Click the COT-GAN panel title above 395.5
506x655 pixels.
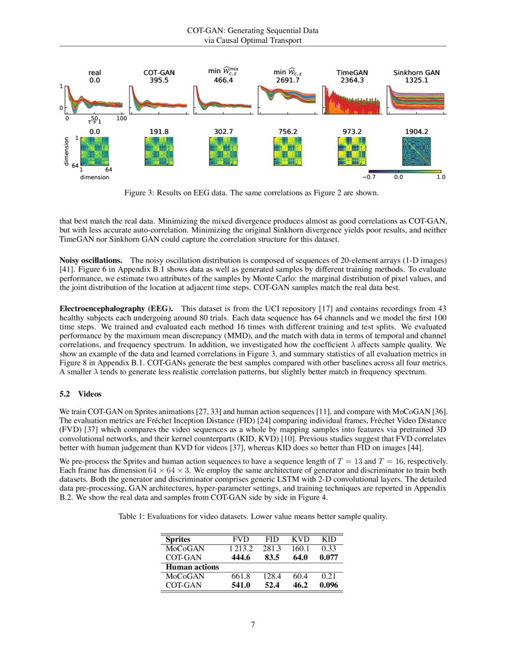pyautogui.click(x=159, y=73)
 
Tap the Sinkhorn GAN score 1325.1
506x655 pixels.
pyautogui.click(x=417, y=80)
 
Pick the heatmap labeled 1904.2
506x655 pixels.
pyautogui.click(x=417, y=151)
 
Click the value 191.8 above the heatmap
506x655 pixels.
pyautogui.click(x=159, y=130)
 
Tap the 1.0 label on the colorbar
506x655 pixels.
pyautogui.click(x=441, y=177)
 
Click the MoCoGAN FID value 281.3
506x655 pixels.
pyautogui.click(x=271, y=548)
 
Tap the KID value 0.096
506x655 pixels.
pyautogui.click(x=329, y=585)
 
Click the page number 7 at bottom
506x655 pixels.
pyautogui.click(x=253, y=625)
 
